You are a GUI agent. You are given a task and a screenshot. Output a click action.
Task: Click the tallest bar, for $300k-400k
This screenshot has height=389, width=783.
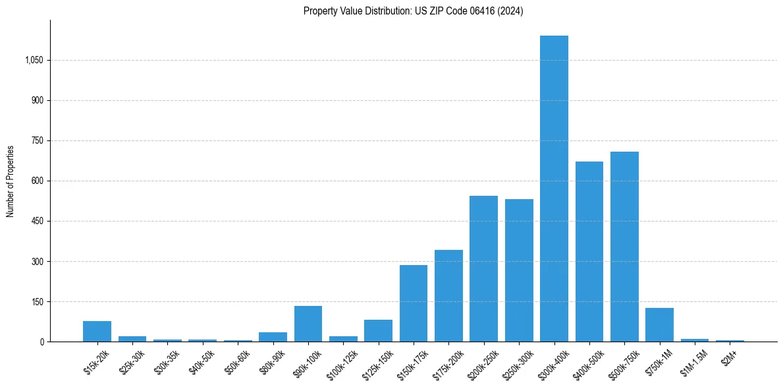tap(554, 189)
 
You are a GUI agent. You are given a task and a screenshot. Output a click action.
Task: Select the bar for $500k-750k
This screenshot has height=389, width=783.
tap(624, 247)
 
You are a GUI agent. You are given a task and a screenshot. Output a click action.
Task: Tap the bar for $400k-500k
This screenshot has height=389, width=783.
tap(589, 251)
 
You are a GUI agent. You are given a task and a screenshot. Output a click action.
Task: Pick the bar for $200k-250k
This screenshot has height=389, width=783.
tap(483, 268)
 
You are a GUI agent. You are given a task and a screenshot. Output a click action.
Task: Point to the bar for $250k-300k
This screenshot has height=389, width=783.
tap(519, 270)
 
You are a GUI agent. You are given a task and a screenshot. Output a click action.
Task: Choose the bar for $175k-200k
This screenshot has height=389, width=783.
tap(448, 295)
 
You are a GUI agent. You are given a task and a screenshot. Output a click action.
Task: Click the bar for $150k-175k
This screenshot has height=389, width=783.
tap(414, 303)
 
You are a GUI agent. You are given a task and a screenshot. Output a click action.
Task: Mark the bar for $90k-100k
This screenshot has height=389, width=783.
tap(308, 324)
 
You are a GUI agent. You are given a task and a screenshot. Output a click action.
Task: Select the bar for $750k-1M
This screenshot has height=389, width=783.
tap(659, 324)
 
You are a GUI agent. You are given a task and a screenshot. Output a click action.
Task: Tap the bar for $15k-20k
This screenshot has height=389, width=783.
tap(97, 331)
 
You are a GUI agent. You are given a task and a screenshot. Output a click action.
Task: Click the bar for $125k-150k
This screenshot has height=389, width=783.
tap(378, 330)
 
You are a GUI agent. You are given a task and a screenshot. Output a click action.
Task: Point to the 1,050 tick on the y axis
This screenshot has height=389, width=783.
tap(34, 61)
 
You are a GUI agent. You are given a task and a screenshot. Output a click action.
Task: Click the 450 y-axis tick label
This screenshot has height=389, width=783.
tap(37, 222)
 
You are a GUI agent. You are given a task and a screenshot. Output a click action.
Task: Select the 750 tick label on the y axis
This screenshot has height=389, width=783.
tap(37, 141)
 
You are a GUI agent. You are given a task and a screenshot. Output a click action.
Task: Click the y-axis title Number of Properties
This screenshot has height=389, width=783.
tap(11, 181)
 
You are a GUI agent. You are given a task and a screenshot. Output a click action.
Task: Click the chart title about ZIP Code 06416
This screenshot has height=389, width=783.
tap(413, 11)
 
